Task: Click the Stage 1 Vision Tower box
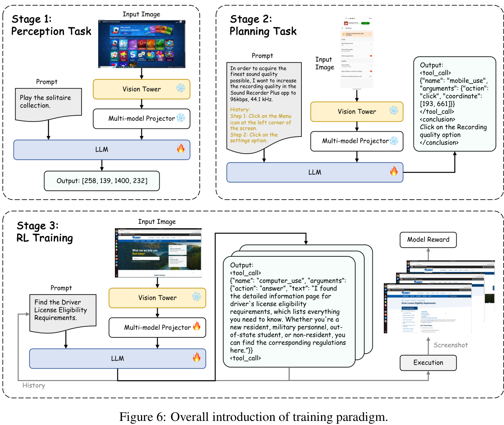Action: point(141,89)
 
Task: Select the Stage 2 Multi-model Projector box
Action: point(357,141)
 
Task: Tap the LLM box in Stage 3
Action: point(117,359)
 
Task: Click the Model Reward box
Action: point(428,240)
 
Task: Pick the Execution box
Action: point(428,363)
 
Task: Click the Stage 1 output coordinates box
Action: point(102,181)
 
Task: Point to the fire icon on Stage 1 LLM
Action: point(180,148)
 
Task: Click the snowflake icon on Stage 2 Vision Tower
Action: point(394,110)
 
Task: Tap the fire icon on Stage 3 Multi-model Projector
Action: point(197,326)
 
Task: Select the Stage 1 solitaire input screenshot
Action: point(142,44)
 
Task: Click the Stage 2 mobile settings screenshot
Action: point(357,53)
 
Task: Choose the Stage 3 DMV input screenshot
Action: point(158,253)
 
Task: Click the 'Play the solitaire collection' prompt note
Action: point(48,102)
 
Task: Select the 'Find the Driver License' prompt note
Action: point(63,311)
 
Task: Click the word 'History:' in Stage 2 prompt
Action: point(240,110)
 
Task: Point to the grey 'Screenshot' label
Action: point(451,345)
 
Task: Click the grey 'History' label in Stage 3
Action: point(34,385)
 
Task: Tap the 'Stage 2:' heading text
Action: point(251,19)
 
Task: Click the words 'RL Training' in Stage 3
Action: point(45,238)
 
